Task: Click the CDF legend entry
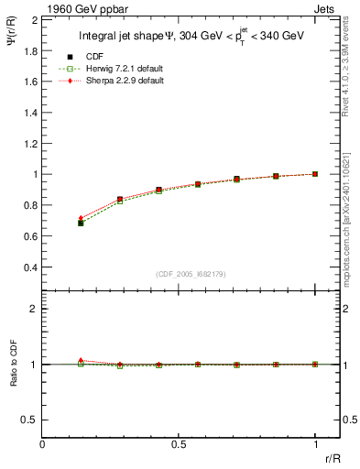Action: click(117, 58)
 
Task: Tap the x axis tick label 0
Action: click(43, 443)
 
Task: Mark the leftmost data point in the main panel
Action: click(81, 223)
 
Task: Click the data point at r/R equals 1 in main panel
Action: click(315, 173)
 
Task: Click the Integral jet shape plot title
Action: click(191, 38)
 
